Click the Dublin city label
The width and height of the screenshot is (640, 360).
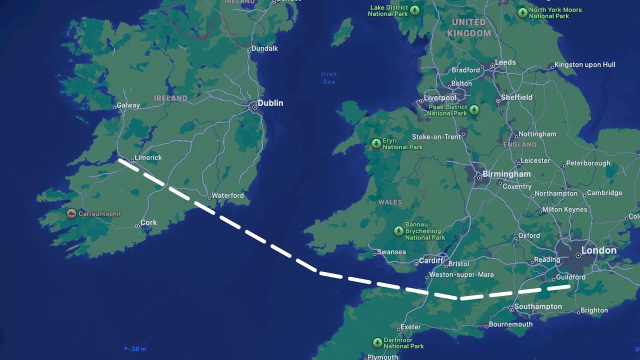tap(270, 103)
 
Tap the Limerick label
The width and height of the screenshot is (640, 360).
tap(148, 157)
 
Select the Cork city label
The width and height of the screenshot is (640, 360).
tap(148, 222)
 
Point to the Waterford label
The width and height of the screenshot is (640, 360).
tap(227, 195)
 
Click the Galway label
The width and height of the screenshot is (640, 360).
tap(128, 105)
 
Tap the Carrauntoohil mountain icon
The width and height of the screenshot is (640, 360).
tap(71, 213)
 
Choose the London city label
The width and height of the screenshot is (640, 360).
tap(599, 250)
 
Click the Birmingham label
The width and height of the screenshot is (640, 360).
tap(506, 174)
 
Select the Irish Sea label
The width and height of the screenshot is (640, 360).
tap(329, 77)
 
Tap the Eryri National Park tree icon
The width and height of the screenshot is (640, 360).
tap(376, 144)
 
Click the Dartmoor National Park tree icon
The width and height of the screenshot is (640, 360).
tap(377, 343)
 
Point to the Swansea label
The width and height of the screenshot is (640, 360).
tap(391, 252)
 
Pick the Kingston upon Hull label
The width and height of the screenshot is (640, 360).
tap(585, 64)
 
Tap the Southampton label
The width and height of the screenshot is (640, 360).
tap(538, 306)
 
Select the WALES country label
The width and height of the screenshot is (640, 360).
tap(390, 202)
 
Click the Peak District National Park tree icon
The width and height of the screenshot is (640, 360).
tap(474, 109)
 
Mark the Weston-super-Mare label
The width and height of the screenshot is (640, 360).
tap(461, 274)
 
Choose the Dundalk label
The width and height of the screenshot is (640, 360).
tap(264, 48)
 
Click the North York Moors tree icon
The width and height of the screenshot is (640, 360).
tap(522, 12)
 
